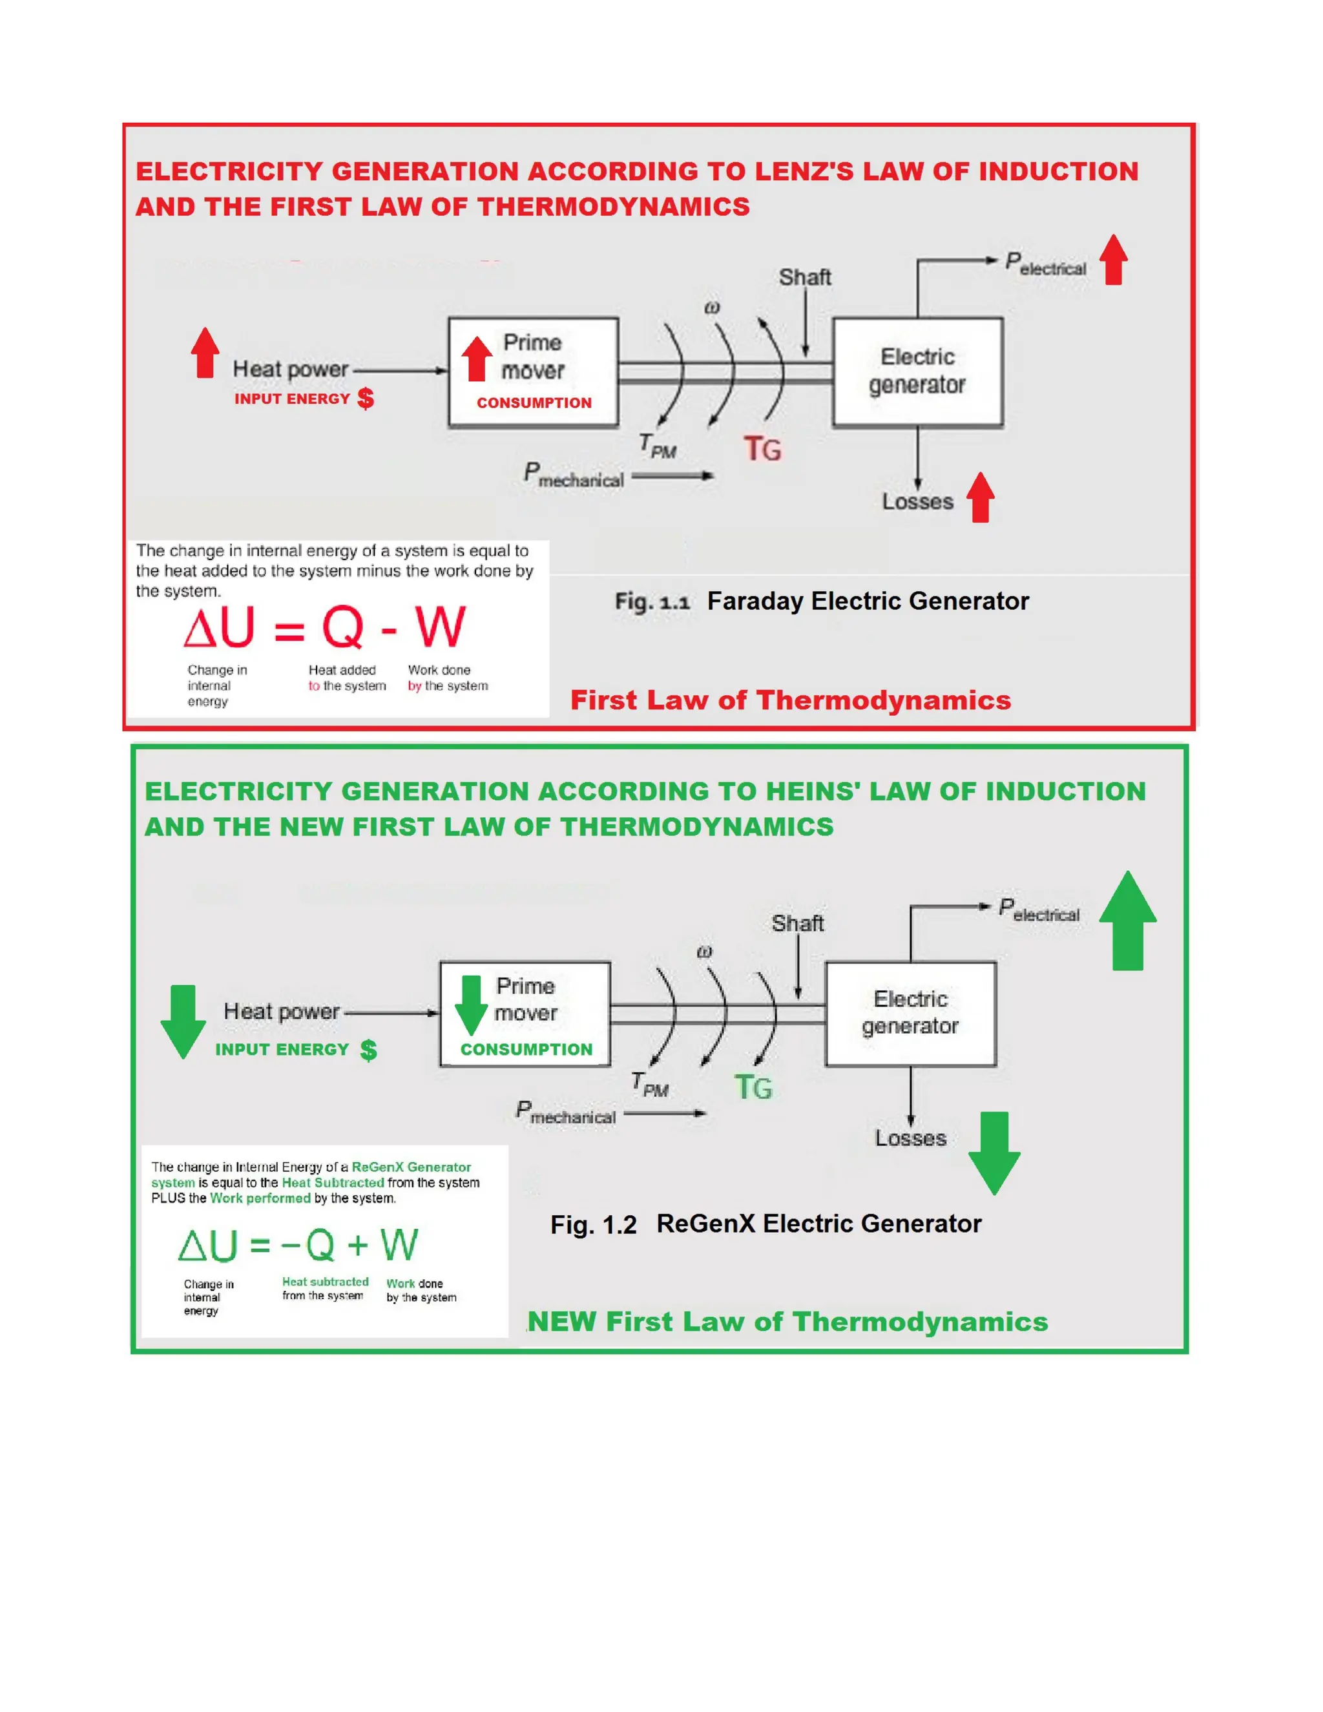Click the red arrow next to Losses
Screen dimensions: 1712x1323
tap(981, 497)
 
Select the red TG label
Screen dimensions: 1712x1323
tap(762, 449)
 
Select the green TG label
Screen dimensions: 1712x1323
tap(753, 1087)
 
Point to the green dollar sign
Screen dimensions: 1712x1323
tap(368, 1050)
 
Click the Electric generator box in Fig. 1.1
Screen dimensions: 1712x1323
tap(917, 371)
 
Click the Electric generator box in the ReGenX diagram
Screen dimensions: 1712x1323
tap(910, 1013)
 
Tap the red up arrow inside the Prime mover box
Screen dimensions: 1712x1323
tap(475, 359)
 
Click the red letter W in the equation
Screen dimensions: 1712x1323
tap(440, 627)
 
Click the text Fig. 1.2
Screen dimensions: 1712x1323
tap(592, 1224)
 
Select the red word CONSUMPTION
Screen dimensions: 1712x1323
tap(534, 403)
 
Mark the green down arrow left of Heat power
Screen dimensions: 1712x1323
tap(183, 1021)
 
